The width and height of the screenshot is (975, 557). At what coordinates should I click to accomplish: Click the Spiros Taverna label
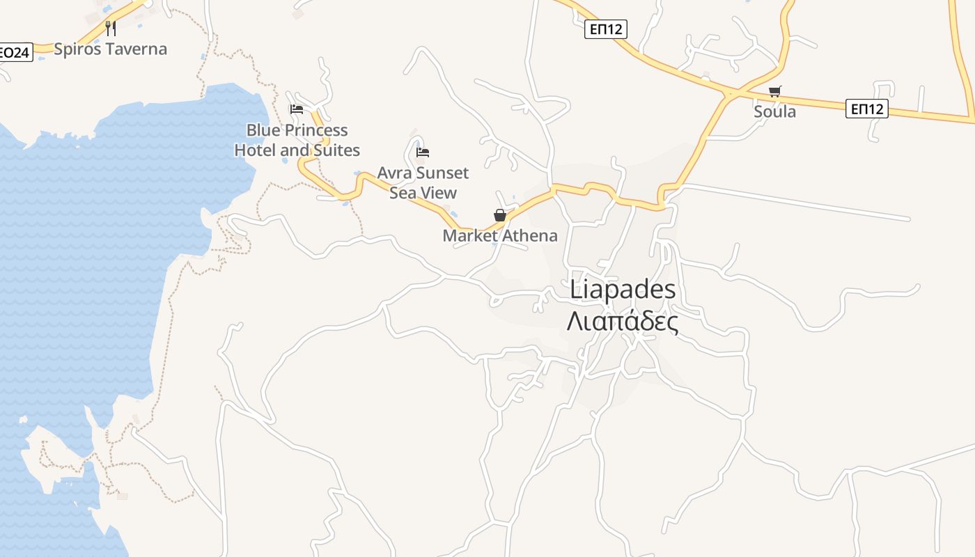tap(110, 49)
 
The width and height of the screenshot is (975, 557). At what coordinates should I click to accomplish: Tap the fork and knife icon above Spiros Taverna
tap(110, 28)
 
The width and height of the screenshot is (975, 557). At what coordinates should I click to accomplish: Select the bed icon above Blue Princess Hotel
tap(297, 109)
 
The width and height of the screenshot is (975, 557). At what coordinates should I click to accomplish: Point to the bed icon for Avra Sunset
tap(423, 152)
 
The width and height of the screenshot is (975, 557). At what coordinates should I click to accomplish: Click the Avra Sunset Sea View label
tap(423, 182)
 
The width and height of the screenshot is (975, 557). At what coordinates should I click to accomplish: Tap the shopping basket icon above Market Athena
tap(500, 215)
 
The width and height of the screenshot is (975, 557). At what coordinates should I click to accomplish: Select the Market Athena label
tap(500, 236)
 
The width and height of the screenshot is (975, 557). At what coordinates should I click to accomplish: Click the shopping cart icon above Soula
tap(775, 91)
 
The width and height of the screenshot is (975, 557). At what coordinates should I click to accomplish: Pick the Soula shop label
tap(775, 111)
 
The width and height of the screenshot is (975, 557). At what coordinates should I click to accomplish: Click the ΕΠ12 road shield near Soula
tap(867, 109)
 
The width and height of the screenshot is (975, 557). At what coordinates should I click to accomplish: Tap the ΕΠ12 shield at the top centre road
tap(605, 29)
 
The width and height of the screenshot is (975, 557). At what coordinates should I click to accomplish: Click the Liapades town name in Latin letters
tap(623, 290)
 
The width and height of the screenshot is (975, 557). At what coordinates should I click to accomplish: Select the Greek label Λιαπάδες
tap(623, 322)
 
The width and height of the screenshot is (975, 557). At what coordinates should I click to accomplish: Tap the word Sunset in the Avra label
tap(443, 173)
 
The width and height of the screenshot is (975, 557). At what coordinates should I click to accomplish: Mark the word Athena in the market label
tap(530, 236)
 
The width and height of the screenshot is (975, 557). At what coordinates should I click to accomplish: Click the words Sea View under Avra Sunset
tap(423, 193)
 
